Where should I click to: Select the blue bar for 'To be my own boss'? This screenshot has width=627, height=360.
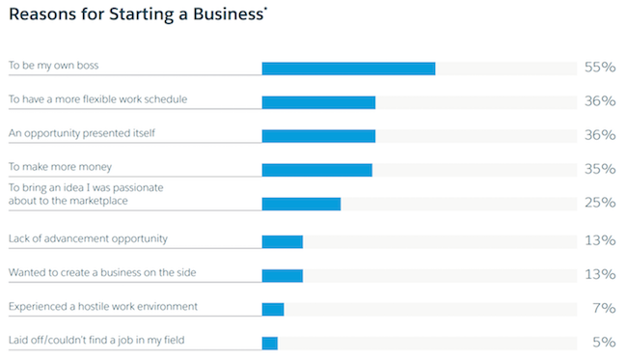348,68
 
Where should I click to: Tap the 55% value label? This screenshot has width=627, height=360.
599,68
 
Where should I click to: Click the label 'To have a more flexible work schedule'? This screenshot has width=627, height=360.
97,98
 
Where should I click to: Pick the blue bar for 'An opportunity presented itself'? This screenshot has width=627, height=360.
318,135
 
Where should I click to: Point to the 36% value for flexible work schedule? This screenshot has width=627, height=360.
599,101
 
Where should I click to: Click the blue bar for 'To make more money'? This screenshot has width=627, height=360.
316,170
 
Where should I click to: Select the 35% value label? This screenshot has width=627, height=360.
599,170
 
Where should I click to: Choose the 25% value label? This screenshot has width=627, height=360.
599,204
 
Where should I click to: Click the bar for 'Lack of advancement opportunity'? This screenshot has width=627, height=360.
283,241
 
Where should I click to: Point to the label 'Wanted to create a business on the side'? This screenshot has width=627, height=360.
102,273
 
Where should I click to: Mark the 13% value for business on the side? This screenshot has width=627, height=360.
599,275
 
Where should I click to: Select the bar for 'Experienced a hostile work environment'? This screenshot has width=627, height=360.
273,309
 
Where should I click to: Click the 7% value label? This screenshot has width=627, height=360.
604,309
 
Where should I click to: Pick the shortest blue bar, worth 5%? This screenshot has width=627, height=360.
270,343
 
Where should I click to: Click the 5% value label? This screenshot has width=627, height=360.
603,343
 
